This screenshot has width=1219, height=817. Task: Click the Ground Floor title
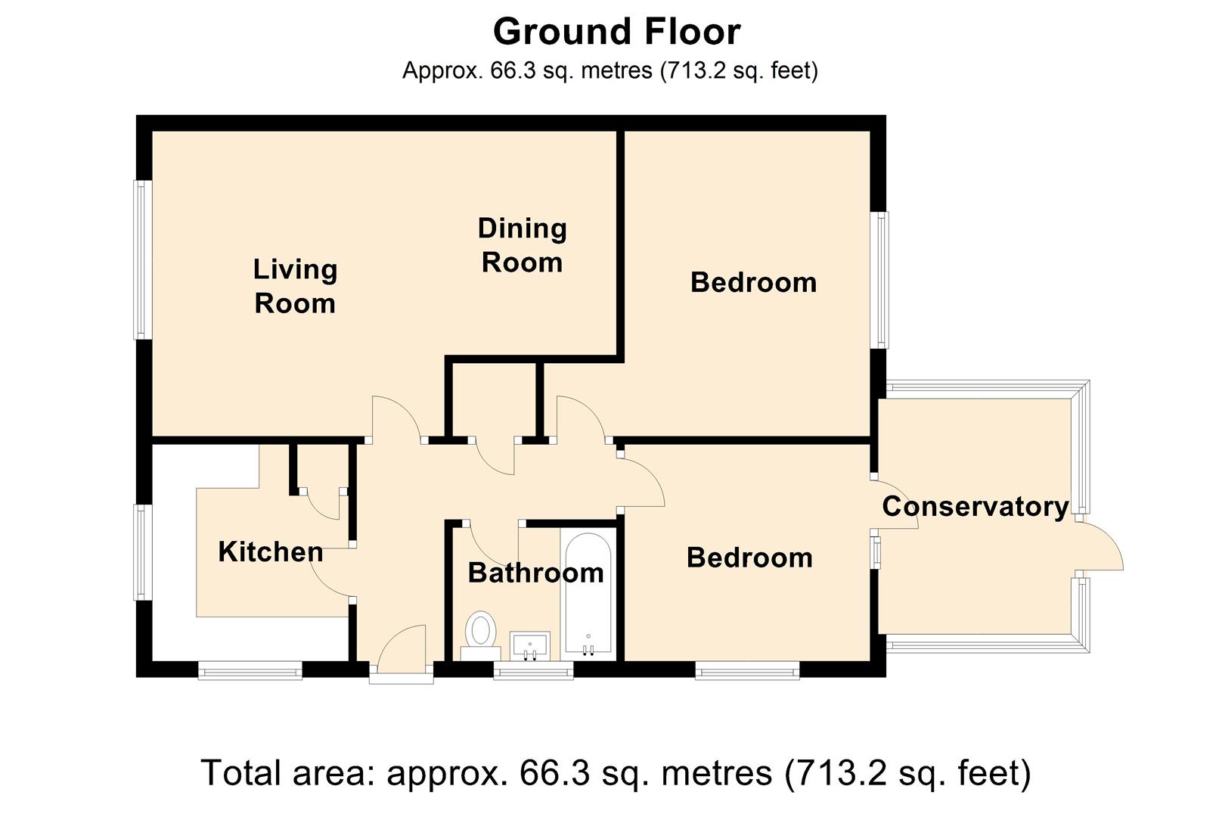(x=616, y=32)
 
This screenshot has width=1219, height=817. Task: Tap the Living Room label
(x=295, y=286)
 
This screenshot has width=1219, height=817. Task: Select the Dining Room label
(x=522, y=246)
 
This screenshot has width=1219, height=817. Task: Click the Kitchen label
(x=271, y=552)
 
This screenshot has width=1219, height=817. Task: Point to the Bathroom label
(x=536, y=573)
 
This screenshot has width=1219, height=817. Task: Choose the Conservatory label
(x=976, y=507)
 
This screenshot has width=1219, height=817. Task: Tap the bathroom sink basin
(x=529, y=646)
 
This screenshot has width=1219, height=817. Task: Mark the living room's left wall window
(x=143, y=259)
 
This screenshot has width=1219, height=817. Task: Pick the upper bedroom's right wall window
(x=879, y=280)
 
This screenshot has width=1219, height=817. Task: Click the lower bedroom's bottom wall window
(x=747, y=670)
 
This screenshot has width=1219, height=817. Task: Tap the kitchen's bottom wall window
(x=250, y=670)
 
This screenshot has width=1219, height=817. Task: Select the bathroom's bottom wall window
(x=533, y=670)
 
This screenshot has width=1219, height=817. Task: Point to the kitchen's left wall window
(x=143, y=552)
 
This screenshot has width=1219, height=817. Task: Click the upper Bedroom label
(x=754, y=282)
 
